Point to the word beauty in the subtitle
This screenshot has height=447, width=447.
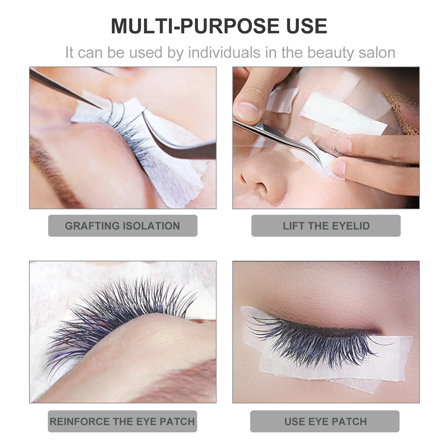tap(331, 53)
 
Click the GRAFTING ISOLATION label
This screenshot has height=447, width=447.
tap(122, 226)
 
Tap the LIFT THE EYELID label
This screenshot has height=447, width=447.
tap(326, 226)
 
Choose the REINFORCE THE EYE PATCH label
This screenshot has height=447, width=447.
tap(122, 421)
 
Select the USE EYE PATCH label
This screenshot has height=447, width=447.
tap(325, 421)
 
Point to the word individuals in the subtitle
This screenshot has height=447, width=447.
tap(224, 53)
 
